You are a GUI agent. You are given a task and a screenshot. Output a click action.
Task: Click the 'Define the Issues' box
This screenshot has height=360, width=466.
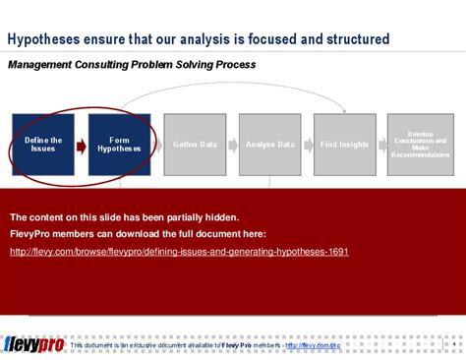pyautogui.click(x=43, y=145)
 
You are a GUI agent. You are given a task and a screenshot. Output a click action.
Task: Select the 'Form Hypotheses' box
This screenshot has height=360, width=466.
pyautogui.click(x=119, y=145)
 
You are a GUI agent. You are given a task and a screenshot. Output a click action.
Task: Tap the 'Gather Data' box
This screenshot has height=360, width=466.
pyautogui.click(x=194, y=145)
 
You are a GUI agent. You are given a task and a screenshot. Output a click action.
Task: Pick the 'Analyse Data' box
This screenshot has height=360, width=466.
pyautogui.click(x=269, y=145)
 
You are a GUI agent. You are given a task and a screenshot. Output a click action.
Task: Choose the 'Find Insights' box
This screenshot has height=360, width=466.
pyautogui.click(x=344, y=145)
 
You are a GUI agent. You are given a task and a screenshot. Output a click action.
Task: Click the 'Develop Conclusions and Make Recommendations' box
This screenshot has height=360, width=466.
pyautogui.click(x=419, y=145)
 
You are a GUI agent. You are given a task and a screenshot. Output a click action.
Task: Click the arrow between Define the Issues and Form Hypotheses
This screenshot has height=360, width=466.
pyautogui.click(x=82, y=146)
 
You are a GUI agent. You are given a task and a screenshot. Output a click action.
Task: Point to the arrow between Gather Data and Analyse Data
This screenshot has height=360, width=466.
pyautogui.click(x=232, y=146)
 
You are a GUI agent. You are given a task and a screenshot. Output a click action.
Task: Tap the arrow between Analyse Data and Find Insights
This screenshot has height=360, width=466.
pyautogui.click(x=307, y=146)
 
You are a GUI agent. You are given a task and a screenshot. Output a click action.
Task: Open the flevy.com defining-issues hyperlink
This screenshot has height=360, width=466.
pyautogui.click(x=179, y=252)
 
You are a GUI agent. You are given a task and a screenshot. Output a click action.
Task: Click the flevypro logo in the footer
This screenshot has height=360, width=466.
pyautogui.click(x=33, y=345)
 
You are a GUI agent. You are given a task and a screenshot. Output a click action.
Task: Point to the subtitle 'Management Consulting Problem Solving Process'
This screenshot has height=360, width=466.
pyautogui.click(x=132, y=65)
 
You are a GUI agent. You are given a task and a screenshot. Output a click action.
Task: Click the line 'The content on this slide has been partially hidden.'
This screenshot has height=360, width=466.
pyautogui.click(x=124, y=217)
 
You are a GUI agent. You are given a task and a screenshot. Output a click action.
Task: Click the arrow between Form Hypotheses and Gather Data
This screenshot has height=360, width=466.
pyautogui.click(x=157, y=146)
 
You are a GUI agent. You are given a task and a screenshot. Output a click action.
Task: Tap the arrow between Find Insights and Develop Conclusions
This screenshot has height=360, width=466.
pyautogui.click(x=381, y=146)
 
